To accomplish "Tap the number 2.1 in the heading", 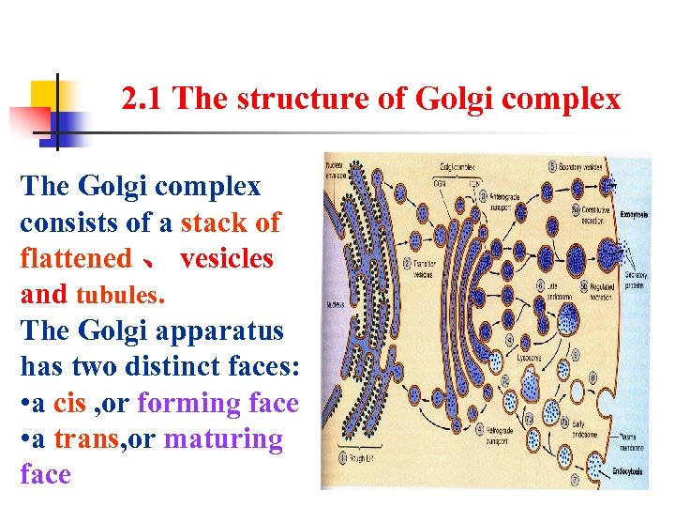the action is [143, 99].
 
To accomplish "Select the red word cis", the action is [69, 404].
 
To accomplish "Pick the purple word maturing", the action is [233, 439].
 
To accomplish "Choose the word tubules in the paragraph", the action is [120, 295].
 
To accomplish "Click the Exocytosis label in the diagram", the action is [634, 215].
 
